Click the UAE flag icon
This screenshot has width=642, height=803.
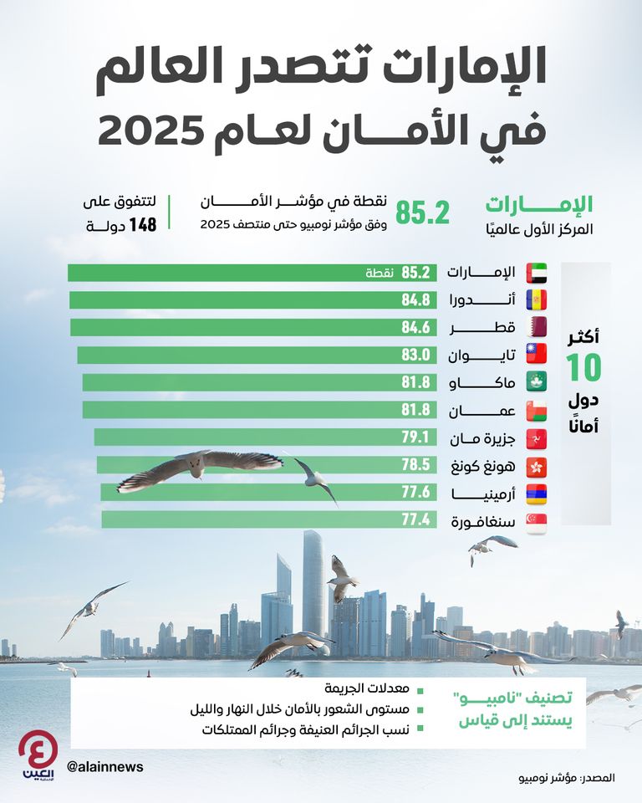tap(536, 273)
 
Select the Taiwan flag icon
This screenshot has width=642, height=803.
tap(536, 355)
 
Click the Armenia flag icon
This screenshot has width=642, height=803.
tap(536, 493)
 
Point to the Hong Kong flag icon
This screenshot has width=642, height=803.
tap(536, 465)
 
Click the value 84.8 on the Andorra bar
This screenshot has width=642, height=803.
tap(415, 300)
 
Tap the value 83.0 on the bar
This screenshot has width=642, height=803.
tap(415, 355)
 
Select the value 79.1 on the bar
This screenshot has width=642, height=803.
tap(415, 437)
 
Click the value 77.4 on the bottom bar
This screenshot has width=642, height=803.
tap(415, 520)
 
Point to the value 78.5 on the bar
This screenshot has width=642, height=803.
tap(415, 465)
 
